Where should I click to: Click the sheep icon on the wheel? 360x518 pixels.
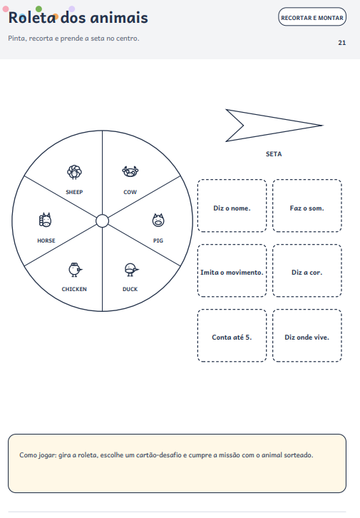(x=74, y=172)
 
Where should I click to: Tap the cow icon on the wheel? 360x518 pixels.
(x=130, y=172)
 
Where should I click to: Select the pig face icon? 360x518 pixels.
(x=158, y=220)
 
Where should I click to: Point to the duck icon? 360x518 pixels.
(x=131, y=270)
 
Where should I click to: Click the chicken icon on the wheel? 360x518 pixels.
(x=76, y=270)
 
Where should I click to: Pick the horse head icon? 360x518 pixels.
(x=46, y=220)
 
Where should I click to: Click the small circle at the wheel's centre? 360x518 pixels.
(x=102, y=221)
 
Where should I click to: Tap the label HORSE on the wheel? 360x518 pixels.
(x=46, y=240)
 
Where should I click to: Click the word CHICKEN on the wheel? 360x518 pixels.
(x=74, y=289)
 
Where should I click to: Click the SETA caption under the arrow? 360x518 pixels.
(x=274, y=154)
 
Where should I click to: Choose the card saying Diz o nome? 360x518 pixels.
(x=232, y=205)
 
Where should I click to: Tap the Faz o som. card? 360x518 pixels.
(x=307, y=205)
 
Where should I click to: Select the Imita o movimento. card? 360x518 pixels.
(x=232, y=270)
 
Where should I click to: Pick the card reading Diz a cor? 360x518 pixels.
(x=307, y=270)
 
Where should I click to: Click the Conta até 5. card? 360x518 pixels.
(x=232, y=335)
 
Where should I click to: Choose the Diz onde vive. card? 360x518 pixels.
(x=307, y=335)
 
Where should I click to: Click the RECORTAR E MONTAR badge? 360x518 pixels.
(x=312, y=17)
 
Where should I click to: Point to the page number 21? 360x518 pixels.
(x=342, y=43)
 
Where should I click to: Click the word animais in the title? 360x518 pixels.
(x=119, y=18)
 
